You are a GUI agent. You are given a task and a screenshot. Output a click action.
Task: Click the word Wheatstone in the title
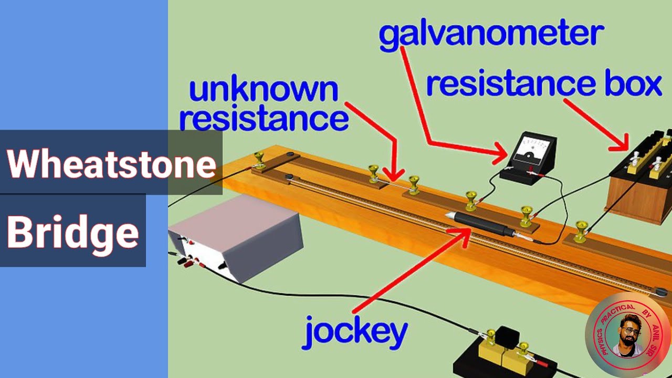pyautogui.click(x=111, y=164)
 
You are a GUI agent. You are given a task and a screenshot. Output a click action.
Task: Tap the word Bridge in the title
pyautogui.click(x=73, y=232)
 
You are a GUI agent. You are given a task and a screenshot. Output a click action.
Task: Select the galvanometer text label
pyautogui.click(x=491, y=35)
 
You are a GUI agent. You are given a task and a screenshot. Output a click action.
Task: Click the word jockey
pyautogui.click(x=355, y=332)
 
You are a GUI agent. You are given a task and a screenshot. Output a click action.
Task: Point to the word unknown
pyautogui.click(x=264, y=90)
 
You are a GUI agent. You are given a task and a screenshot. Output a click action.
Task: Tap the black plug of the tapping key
pyautogui.click(x=507, y=337)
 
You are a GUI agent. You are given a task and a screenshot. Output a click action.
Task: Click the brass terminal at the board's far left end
pyautogui.click(x=259, y=158)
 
